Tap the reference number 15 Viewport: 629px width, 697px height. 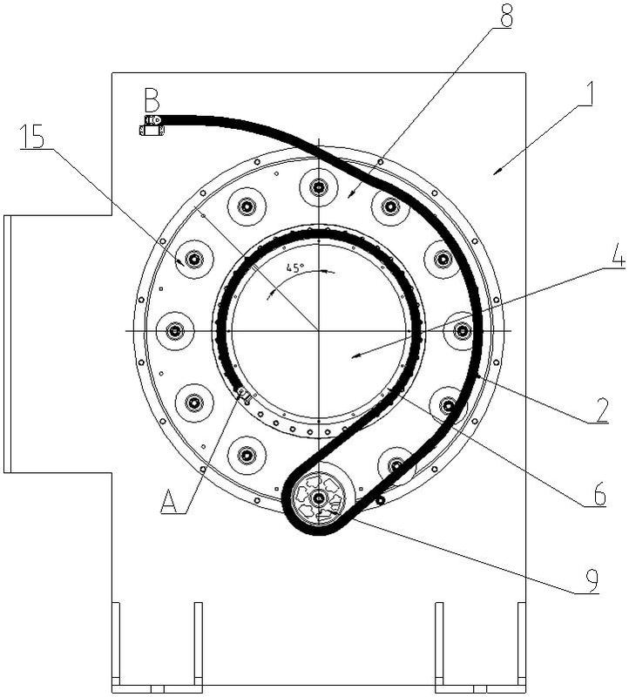pyautogui.click(x=33, y=137)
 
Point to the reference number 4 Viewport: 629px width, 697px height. pyautogui.click(x=618, y=255)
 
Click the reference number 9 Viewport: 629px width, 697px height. pyautogui.click(x=591, y=579)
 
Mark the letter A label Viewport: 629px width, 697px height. pyautogui.click(x=170, y=501)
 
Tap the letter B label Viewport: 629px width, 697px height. pyautogui.click(x=152, y=100)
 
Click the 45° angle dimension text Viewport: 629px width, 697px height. pyautogui.click(x=294, y=267)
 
